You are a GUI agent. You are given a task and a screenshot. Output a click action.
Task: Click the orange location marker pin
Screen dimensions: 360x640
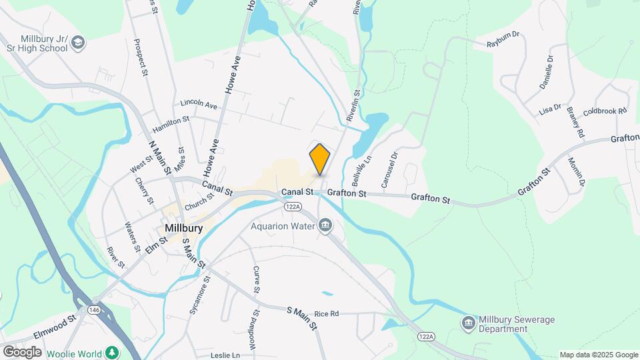(320, 159)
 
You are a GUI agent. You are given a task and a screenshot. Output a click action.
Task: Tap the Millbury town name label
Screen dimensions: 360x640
(183, 228)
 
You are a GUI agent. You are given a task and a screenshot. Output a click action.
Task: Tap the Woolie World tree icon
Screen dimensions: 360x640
(113, 352)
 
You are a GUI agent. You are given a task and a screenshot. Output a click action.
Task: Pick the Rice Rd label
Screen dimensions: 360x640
(327, 313)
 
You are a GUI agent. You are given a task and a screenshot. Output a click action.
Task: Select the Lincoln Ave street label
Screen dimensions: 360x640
(199, 105)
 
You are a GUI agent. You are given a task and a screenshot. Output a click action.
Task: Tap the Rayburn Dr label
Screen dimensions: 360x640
(503, 43)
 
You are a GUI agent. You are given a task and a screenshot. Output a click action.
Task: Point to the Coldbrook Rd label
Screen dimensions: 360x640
(605, 111)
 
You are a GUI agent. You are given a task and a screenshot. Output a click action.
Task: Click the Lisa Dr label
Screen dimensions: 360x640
(551, 108)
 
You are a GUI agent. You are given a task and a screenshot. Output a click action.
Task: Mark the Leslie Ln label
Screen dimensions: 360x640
(226, 355)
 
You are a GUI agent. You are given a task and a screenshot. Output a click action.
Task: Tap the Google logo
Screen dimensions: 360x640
(22, 351)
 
